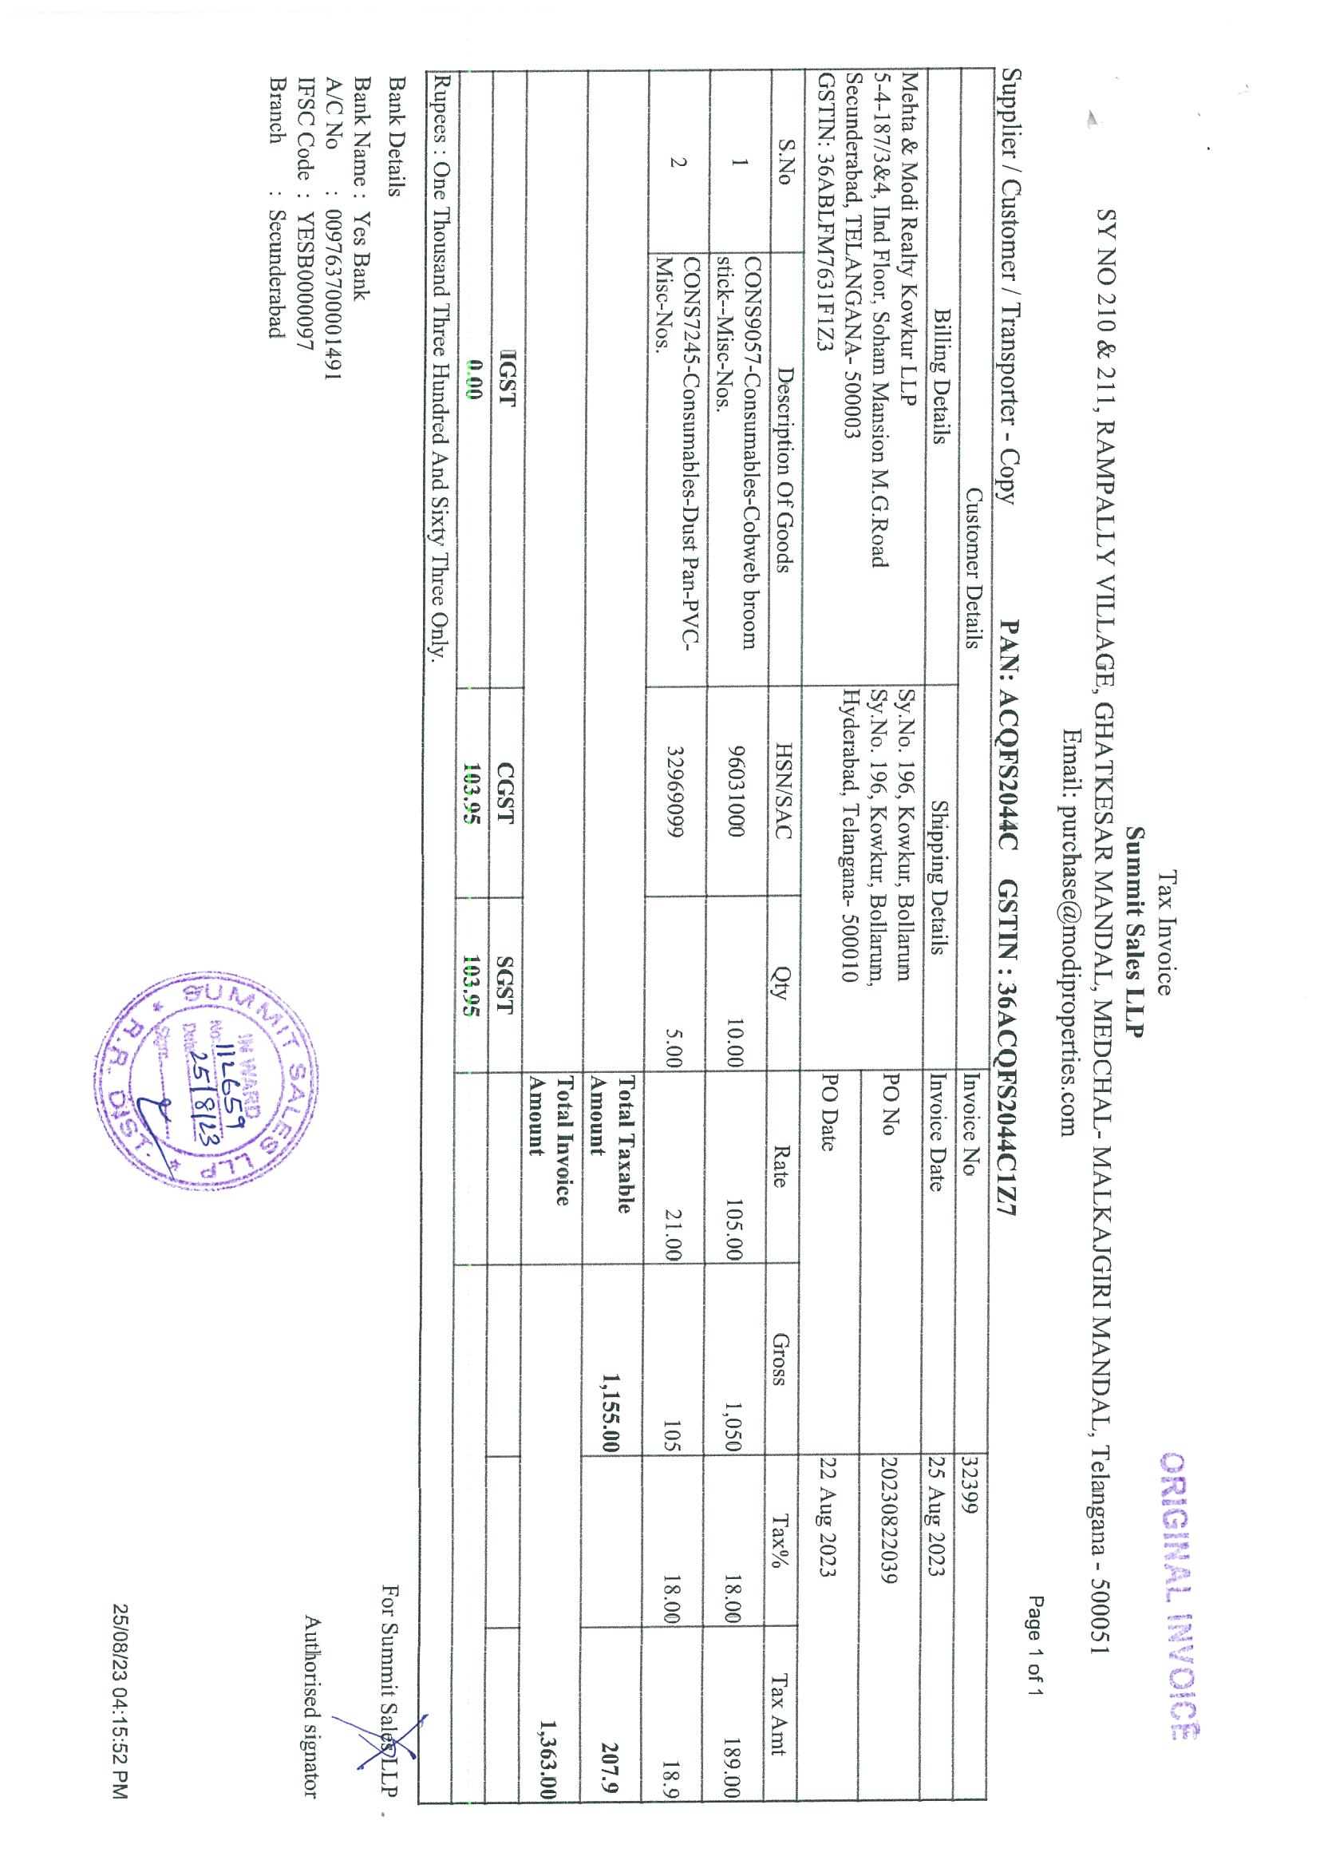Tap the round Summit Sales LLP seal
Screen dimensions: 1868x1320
click(x=207, y=1090)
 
